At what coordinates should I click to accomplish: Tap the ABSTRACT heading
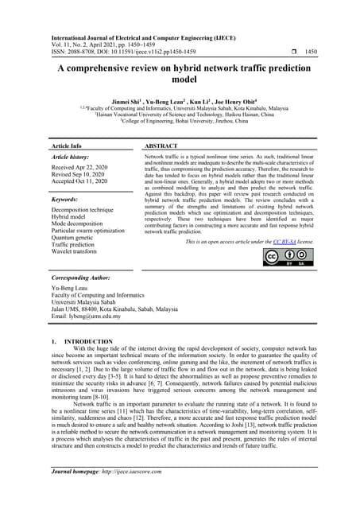162,147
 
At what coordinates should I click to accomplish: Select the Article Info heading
67,147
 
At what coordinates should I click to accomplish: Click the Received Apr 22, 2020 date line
83,169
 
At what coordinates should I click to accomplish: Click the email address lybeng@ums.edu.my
87,317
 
